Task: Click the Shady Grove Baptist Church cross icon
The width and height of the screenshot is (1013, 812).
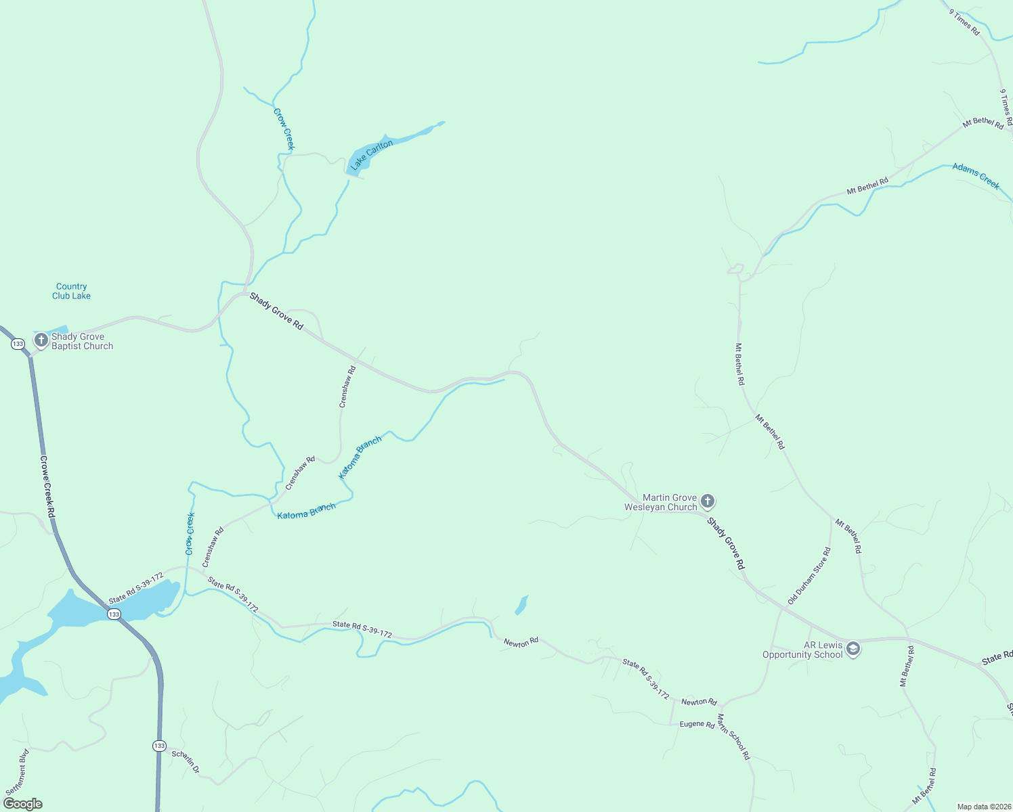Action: [x=41, y=340]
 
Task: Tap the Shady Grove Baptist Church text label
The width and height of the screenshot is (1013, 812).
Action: [x=82, y=341]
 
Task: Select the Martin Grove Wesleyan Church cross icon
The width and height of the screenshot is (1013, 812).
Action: [x=708, y=501]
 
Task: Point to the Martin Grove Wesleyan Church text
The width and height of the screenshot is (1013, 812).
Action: [x=660, y=502]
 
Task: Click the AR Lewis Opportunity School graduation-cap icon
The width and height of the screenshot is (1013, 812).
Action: [x=853, y=649]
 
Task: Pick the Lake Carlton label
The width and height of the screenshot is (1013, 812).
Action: [x=371, y=154]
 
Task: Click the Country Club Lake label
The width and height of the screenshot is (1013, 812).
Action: [x=71, y=291]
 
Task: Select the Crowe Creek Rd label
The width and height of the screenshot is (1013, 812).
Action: [x=47, y=487]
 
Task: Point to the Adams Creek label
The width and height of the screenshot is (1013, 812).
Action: [x=976, y=175]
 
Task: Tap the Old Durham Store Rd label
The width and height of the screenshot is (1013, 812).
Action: [x=809, y=576]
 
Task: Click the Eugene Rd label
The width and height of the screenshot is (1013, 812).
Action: [x=697, y=724]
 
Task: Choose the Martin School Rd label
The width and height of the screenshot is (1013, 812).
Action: [x=733, y=736]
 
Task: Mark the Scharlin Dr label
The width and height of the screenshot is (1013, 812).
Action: [x=186, y=761]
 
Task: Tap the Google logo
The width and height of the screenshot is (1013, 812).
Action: [x=23, y=804]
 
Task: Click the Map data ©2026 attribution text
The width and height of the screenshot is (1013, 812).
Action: [x=983, y=807]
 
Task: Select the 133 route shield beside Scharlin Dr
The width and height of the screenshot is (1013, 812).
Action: [x=158, y=746]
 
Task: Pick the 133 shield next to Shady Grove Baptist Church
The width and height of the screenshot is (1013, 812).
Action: [x=18, y=344]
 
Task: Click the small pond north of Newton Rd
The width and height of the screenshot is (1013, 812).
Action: [x=521, y=605]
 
